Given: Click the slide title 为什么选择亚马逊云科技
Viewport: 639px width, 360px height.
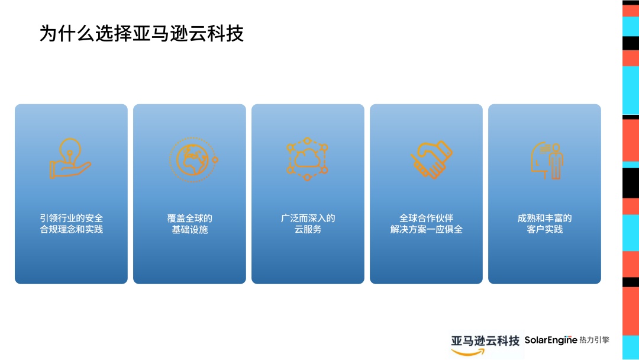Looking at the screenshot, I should [141, 33].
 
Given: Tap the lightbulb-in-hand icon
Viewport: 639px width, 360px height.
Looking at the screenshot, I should [70, 158].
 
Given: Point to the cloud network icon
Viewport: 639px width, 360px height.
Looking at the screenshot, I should [308, 159].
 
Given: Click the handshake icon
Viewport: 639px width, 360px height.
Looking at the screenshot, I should [431, 159].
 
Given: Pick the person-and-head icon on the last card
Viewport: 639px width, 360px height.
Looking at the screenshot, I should [546, 159].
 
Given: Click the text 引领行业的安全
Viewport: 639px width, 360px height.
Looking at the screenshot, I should [71, 218].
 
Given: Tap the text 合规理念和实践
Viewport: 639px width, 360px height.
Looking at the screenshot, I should [71, 229].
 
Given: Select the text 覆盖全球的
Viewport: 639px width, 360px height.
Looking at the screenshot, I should [189, 218].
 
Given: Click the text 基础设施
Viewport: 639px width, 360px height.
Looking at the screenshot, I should [189, 229].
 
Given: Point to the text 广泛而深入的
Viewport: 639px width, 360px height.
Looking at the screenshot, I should [308, 218].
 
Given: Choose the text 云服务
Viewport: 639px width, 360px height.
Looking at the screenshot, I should [308, 229].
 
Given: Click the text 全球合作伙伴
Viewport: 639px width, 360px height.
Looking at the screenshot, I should [426, 218].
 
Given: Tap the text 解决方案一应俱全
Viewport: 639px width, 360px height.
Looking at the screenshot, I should [426, 229].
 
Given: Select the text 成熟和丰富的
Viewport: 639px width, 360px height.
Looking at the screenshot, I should [544, 218].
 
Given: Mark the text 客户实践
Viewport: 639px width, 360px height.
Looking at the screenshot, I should [544, 229].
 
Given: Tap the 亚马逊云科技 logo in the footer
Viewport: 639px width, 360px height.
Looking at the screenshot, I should [485, 340].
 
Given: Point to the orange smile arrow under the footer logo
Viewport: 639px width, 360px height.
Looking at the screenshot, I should [467, 352].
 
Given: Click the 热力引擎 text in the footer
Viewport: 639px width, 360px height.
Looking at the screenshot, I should [595, 340].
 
